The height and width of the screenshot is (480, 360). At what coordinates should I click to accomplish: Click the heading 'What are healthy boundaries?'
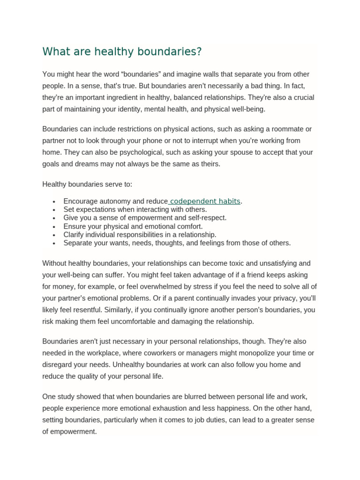(122, 52)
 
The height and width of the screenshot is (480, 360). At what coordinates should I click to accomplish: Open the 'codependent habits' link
(205, 201)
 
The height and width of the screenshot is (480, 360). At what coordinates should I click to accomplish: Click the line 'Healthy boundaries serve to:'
(90, 184)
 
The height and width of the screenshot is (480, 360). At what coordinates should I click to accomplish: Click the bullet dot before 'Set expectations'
(55, 210)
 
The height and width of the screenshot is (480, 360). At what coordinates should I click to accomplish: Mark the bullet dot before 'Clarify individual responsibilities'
(55, 235)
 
